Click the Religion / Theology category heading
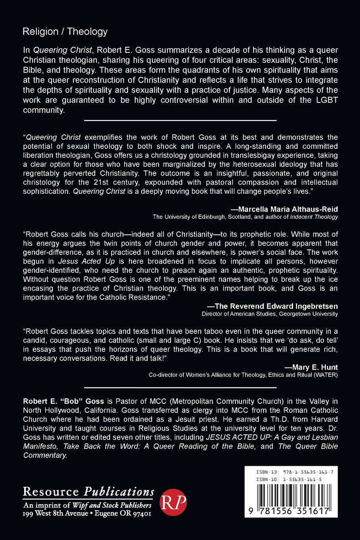point(65,32)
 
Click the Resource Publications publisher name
point(89,492)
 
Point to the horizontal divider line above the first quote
point(180,120)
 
